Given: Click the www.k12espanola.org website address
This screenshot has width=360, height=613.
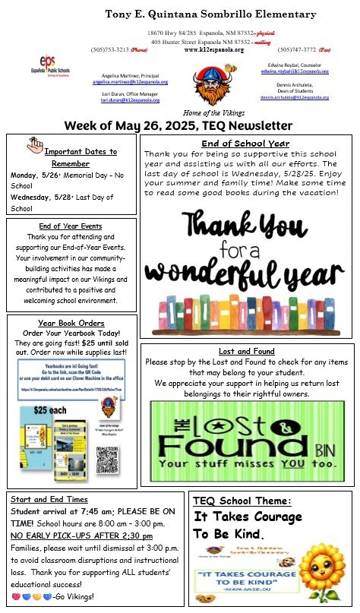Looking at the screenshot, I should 214,50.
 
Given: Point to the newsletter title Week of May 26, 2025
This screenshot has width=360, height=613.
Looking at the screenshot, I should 178,125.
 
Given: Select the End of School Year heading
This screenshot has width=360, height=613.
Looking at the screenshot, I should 246,144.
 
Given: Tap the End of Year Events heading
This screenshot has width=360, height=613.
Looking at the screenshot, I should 69,226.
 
